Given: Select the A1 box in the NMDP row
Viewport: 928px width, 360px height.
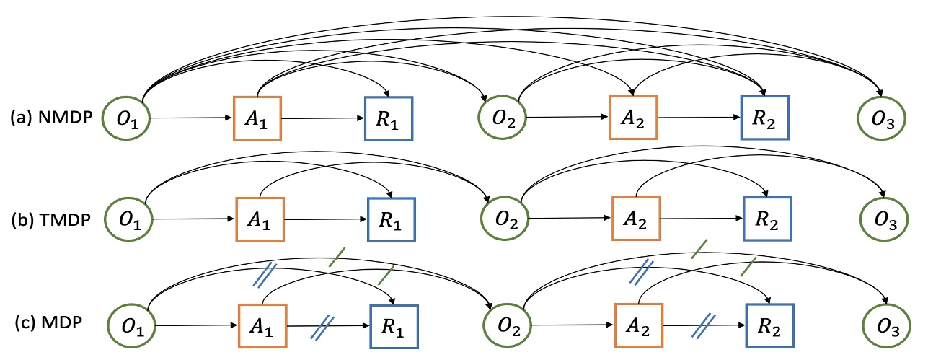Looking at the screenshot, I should pyautogui.click(x=257, y=117).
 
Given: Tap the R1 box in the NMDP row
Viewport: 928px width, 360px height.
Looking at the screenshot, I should pyautogui.click(x=389, y=117).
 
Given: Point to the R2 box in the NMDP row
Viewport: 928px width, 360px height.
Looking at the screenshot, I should pyautogui.click(x=764, y=117).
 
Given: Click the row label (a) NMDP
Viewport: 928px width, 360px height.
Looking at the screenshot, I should pyautogui.click(x=51, y=117).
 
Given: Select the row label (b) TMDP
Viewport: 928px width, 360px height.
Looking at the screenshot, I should pyautogui.click(x=51, y=218).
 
